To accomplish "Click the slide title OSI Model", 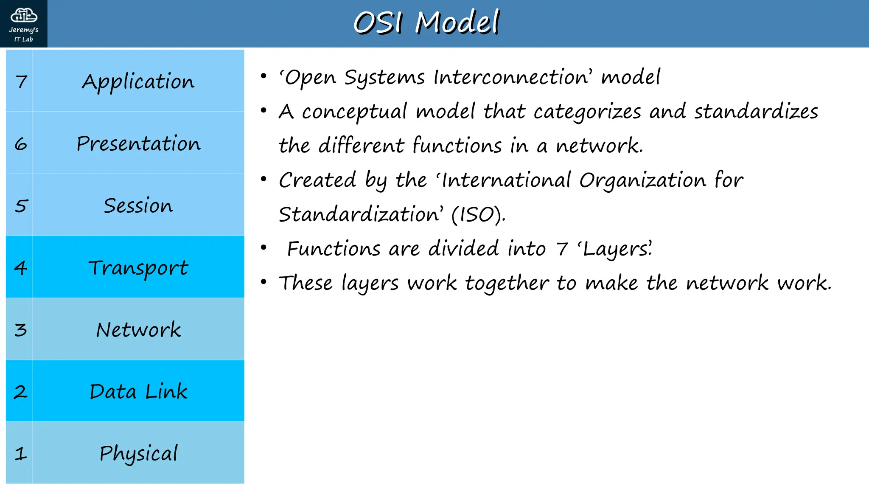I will [x=426, y=22].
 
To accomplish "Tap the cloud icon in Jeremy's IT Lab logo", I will [x=24, y=15].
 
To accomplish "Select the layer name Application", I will [x=138, y=81].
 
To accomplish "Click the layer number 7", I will [x=21, y=81].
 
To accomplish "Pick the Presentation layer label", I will [x=138, y=143].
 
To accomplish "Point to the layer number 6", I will [x=21, y=144].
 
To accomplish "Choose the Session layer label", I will [x=138, y=205].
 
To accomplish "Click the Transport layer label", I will [x=138, y=268].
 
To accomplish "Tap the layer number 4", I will [x=20, y=267].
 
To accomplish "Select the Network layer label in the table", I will [x=138, y=330].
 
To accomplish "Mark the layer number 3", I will [x=20, y=330].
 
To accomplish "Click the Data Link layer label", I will [x=138, y=391].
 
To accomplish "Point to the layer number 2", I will [x=20, y=392].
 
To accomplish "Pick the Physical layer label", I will [x=138, y=453].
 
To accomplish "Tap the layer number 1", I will [x=20, y=454].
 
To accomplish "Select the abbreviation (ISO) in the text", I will [x=478, y=215].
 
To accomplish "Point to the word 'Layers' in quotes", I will [x=615, y=249].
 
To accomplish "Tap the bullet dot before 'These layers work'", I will [x=264, y=281].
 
